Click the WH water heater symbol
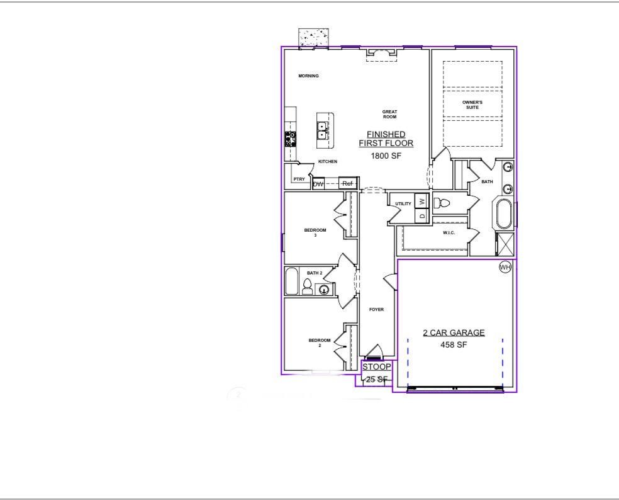(x=505, y=268)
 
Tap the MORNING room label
(x=308, y=76)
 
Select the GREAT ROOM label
(x=390, y=114)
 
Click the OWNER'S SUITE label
(x=472, y=105)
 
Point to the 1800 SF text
(x=386, y=156)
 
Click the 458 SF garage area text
(x=454, y=344)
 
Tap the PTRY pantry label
(x=299, y=179)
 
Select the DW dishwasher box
(x=318, y=184)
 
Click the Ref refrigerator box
(x=347, y=183)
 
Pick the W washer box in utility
(x=422, y=202)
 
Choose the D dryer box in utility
(x=422, y=215)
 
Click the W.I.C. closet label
(x=449, y=233)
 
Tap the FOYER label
(x=376, y=310)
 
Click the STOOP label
(x=377, y=366)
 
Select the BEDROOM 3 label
(x=315, y=232)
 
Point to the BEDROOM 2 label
(x=319, y=343)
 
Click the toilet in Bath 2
(x=307, y=287)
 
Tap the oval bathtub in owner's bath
(x=505, y=214)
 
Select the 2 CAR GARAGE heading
(x=454, y=333)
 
